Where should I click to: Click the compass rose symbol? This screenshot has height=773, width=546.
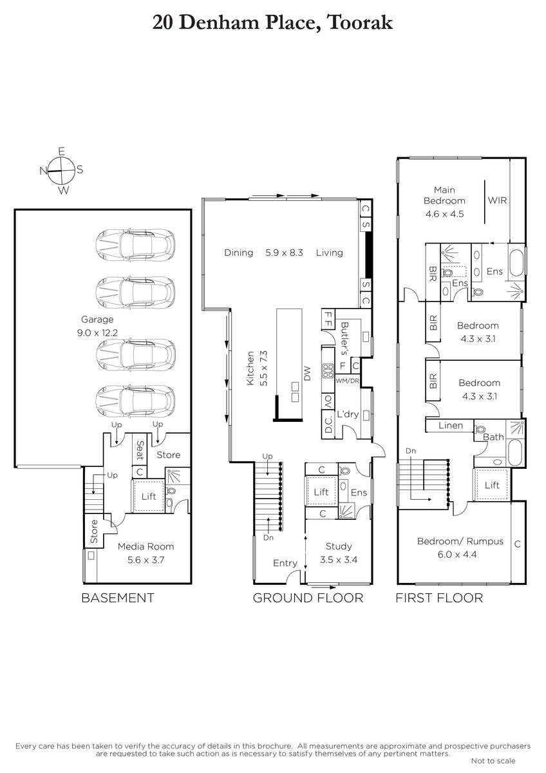tap(62, 171)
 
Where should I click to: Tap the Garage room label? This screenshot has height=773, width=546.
tap(97, 320)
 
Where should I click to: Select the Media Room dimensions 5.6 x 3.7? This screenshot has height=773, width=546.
tap(146, 560)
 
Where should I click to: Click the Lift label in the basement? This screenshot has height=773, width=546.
tap(149, 496)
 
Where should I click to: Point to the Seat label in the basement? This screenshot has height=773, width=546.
tap(140, 450)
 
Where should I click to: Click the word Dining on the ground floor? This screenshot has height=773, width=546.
tap(239, 253)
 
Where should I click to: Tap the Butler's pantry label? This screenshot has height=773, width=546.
tap(344, 339)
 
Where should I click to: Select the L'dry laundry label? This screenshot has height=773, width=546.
tap(348, 414)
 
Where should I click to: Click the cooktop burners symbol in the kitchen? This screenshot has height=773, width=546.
tap(328, 370)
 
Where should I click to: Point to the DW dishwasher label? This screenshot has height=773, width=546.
tap(307, 374)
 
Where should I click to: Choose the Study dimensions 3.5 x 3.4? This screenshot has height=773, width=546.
tap(339, 559)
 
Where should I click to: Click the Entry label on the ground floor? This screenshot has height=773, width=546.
tap(285, 563)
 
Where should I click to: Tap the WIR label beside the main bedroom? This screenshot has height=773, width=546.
tap(497, 200)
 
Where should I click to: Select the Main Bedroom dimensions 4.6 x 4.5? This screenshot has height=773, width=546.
tap(445, 214)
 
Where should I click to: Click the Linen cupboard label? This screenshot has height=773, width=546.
tap(451, 426)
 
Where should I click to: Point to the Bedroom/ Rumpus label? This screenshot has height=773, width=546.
tap(460, 541)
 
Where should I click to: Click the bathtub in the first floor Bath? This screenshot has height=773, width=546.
tap(515, 453)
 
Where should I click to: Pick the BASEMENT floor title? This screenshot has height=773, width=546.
tap(118, 598)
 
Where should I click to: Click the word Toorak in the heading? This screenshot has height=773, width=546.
tap(360, 23)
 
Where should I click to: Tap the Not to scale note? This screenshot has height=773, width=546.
tap(493, 761)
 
